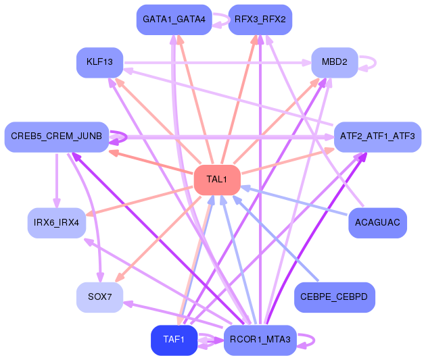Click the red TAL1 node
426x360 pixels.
(217, 180)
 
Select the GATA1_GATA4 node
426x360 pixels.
(174, 20)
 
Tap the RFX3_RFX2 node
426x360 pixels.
(260, 20)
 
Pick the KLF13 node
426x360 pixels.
(99, 63)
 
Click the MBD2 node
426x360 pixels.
(335, 63)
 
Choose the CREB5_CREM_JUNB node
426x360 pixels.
(57, 137)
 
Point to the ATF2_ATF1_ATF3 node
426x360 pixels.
(377, 137)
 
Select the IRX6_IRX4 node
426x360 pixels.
(57, 223)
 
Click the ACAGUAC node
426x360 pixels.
(377, 223)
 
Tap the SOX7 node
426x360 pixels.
(99, 297)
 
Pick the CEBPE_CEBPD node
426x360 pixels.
(335, 297)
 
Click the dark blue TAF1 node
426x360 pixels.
(174, 340)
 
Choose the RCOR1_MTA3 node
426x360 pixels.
(260, 340)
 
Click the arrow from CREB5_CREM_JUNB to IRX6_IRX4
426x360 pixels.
(57, 180)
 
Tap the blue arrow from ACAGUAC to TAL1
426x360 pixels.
(294, 201)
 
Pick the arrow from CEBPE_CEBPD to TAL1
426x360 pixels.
(275, 238)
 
